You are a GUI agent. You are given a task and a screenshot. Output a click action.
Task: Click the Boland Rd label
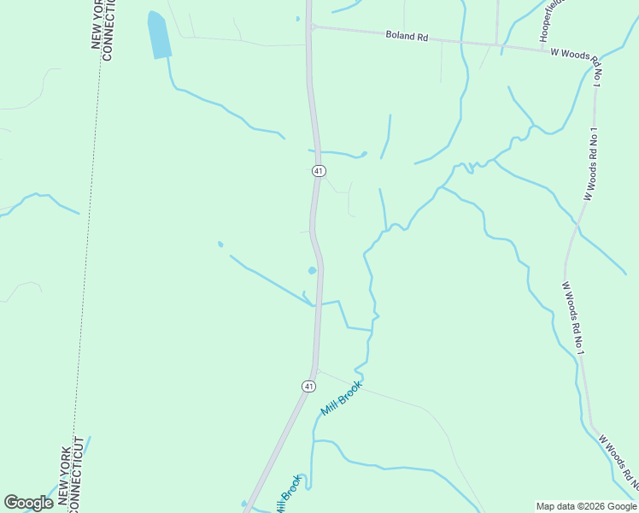407,36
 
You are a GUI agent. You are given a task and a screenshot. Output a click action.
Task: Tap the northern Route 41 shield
318,171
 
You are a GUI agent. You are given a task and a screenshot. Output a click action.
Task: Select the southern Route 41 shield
308,386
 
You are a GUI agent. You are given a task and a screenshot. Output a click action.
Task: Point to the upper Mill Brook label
342,398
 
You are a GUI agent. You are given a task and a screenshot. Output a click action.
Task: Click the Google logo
28,503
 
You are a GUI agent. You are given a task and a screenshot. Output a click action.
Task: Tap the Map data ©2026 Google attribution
586,506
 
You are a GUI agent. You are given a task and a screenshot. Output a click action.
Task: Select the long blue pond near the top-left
159,36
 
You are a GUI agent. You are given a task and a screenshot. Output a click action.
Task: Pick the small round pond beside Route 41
313,271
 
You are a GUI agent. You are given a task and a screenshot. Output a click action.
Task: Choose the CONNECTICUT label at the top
108,30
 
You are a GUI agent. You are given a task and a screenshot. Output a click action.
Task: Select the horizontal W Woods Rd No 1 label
582,54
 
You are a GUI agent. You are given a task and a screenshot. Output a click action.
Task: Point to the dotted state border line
89,256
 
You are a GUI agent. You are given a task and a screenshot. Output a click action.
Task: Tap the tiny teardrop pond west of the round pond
220,245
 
